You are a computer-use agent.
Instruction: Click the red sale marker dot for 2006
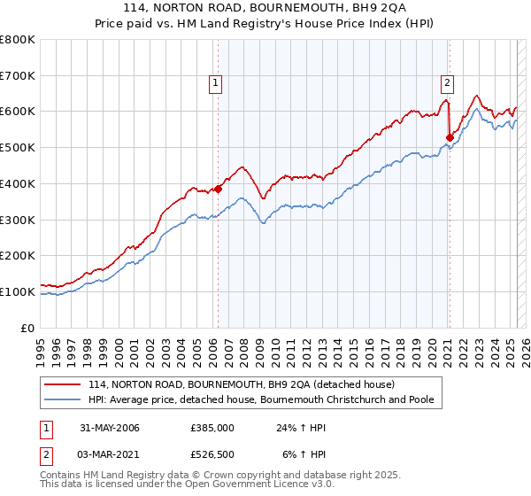click(x=219, y=188)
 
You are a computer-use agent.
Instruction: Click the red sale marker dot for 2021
click(x=450, y=137)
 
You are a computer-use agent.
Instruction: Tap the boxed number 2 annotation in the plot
click(x=447, y=83)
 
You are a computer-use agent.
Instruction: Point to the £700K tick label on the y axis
click(x=18, y=75)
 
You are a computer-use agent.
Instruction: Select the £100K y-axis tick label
click(x=18, y=291)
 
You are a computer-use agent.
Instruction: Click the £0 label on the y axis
click(x=29, y=328)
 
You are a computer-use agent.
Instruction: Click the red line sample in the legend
click(x=63, y=384)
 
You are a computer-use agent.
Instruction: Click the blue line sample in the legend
click(x=63, y=399)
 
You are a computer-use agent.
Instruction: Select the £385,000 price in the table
click(x=212, y=428)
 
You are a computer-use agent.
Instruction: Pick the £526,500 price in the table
click(x=212, y=454)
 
